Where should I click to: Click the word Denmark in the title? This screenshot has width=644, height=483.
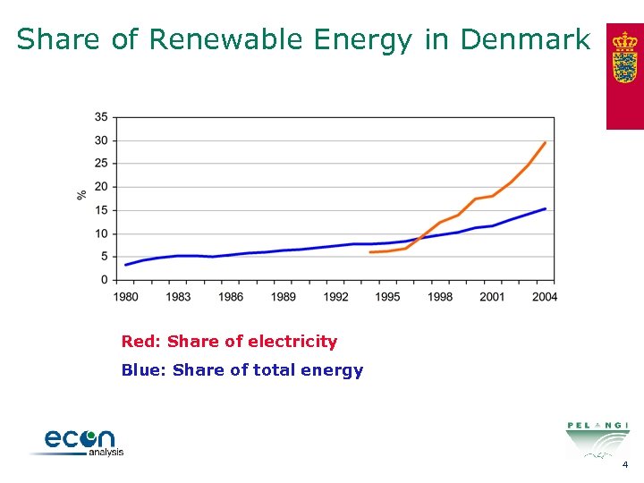(x=525, y=39)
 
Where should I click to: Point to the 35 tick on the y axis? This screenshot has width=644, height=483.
(x=101, y=117)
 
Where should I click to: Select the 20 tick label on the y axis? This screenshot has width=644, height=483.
(x=101, y=187)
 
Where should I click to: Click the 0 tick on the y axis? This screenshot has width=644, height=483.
(x=104, y=280)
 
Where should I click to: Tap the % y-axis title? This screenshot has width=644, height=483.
(x=81, y=193)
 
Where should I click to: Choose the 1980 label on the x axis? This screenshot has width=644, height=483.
(x=126, y=296)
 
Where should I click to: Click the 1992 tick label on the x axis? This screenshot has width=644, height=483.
(x=335, y=296)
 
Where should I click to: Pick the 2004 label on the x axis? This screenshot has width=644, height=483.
(x=545, y=296)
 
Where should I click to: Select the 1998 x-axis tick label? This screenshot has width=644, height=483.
(x=440, y=296)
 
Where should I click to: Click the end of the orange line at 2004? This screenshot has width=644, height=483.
(x=546, y=142)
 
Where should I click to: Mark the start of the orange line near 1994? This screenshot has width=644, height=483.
(x=370, y=252)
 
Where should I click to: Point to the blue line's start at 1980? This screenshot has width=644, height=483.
(x=126, y=265)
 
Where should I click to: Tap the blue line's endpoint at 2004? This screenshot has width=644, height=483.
(x=546, y=208)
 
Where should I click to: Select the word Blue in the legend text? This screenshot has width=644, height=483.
(x=141, y=370)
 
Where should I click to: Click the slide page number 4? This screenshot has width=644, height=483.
(x=625, y=465)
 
